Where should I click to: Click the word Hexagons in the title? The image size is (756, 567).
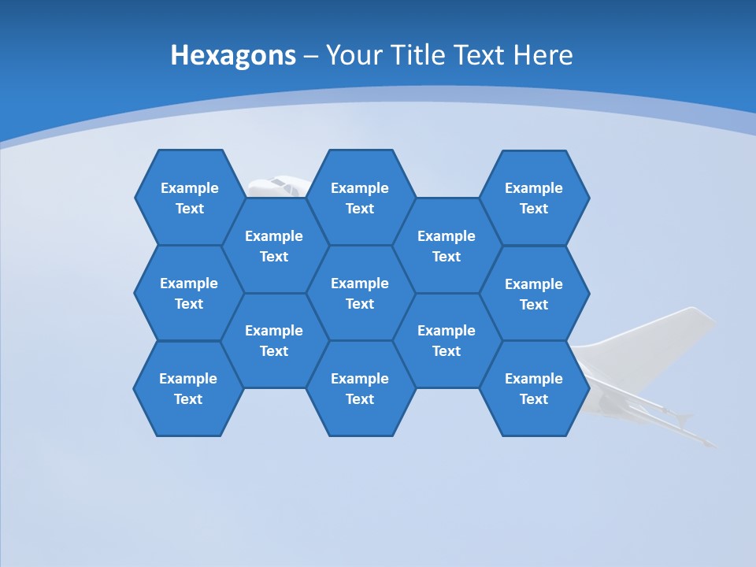(233, 56)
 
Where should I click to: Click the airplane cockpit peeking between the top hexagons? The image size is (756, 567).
(276, 186)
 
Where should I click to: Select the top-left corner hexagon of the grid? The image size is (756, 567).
(190, 198)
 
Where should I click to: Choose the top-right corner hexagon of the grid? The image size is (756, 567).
(534, 198)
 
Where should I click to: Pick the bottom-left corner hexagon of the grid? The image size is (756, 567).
(188, 388)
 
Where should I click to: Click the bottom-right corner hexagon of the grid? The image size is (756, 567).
(534, 388)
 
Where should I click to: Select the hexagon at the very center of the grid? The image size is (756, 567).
(360, 293)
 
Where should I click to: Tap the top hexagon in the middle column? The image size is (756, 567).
(360, 198)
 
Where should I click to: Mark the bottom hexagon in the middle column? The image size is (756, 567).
(360, 388)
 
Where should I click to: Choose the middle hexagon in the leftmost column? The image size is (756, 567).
(189, 293)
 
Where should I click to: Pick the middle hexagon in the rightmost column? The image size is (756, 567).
(534, 294)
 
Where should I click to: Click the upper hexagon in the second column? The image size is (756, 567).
(274, 246)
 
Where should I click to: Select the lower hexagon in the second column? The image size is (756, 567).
(274, 340)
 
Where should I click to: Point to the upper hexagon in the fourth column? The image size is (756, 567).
(447, 246)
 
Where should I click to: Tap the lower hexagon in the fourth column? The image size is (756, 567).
(447, 340)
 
